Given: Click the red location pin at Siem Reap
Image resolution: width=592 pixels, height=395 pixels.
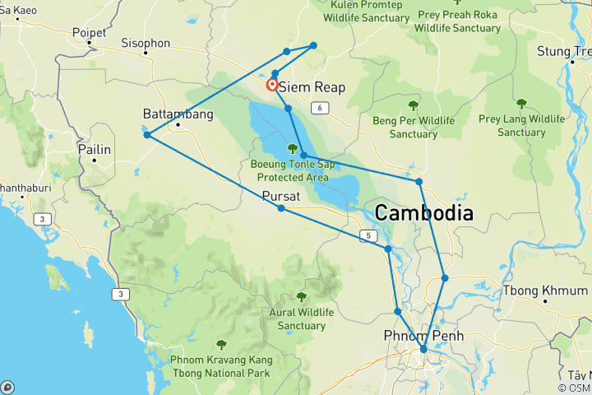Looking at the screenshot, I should coord(271,85).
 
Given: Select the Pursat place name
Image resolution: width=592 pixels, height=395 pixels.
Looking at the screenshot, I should coord(281,196).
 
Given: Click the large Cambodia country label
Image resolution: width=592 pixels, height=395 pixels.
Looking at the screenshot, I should coord(424,213).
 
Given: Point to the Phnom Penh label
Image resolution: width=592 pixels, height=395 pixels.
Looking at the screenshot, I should coord(423,336).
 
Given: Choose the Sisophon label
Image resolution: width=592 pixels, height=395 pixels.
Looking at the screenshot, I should coord(146,42).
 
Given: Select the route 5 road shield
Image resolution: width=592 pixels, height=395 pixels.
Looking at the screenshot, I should coord(369,236).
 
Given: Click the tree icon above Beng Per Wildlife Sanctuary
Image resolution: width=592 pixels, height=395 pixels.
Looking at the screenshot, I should coord(413,105).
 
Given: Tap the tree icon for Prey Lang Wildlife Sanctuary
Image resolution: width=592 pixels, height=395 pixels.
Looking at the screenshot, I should coord(521,104).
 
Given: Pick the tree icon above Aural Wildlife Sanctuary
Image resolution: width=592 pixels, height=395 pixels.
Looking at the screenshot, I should coord(302,296).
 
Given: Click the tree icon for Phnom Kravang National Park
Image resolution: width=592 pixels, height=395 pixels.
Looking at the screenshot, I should coord(220,345).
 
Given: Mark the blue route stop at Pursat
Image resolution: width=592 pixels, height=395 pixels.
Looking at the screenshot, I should coord(281,208).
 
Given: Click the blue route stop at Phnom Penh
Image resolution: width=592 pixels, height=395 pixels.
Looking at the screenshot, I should coord(423,350).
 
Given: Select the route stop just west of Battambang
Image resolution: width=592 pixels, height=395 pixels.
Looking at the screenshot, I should coord(147,135).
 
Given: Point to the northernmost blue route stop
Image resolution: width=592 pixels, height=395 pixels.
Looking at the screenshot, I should coord(313,45).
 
